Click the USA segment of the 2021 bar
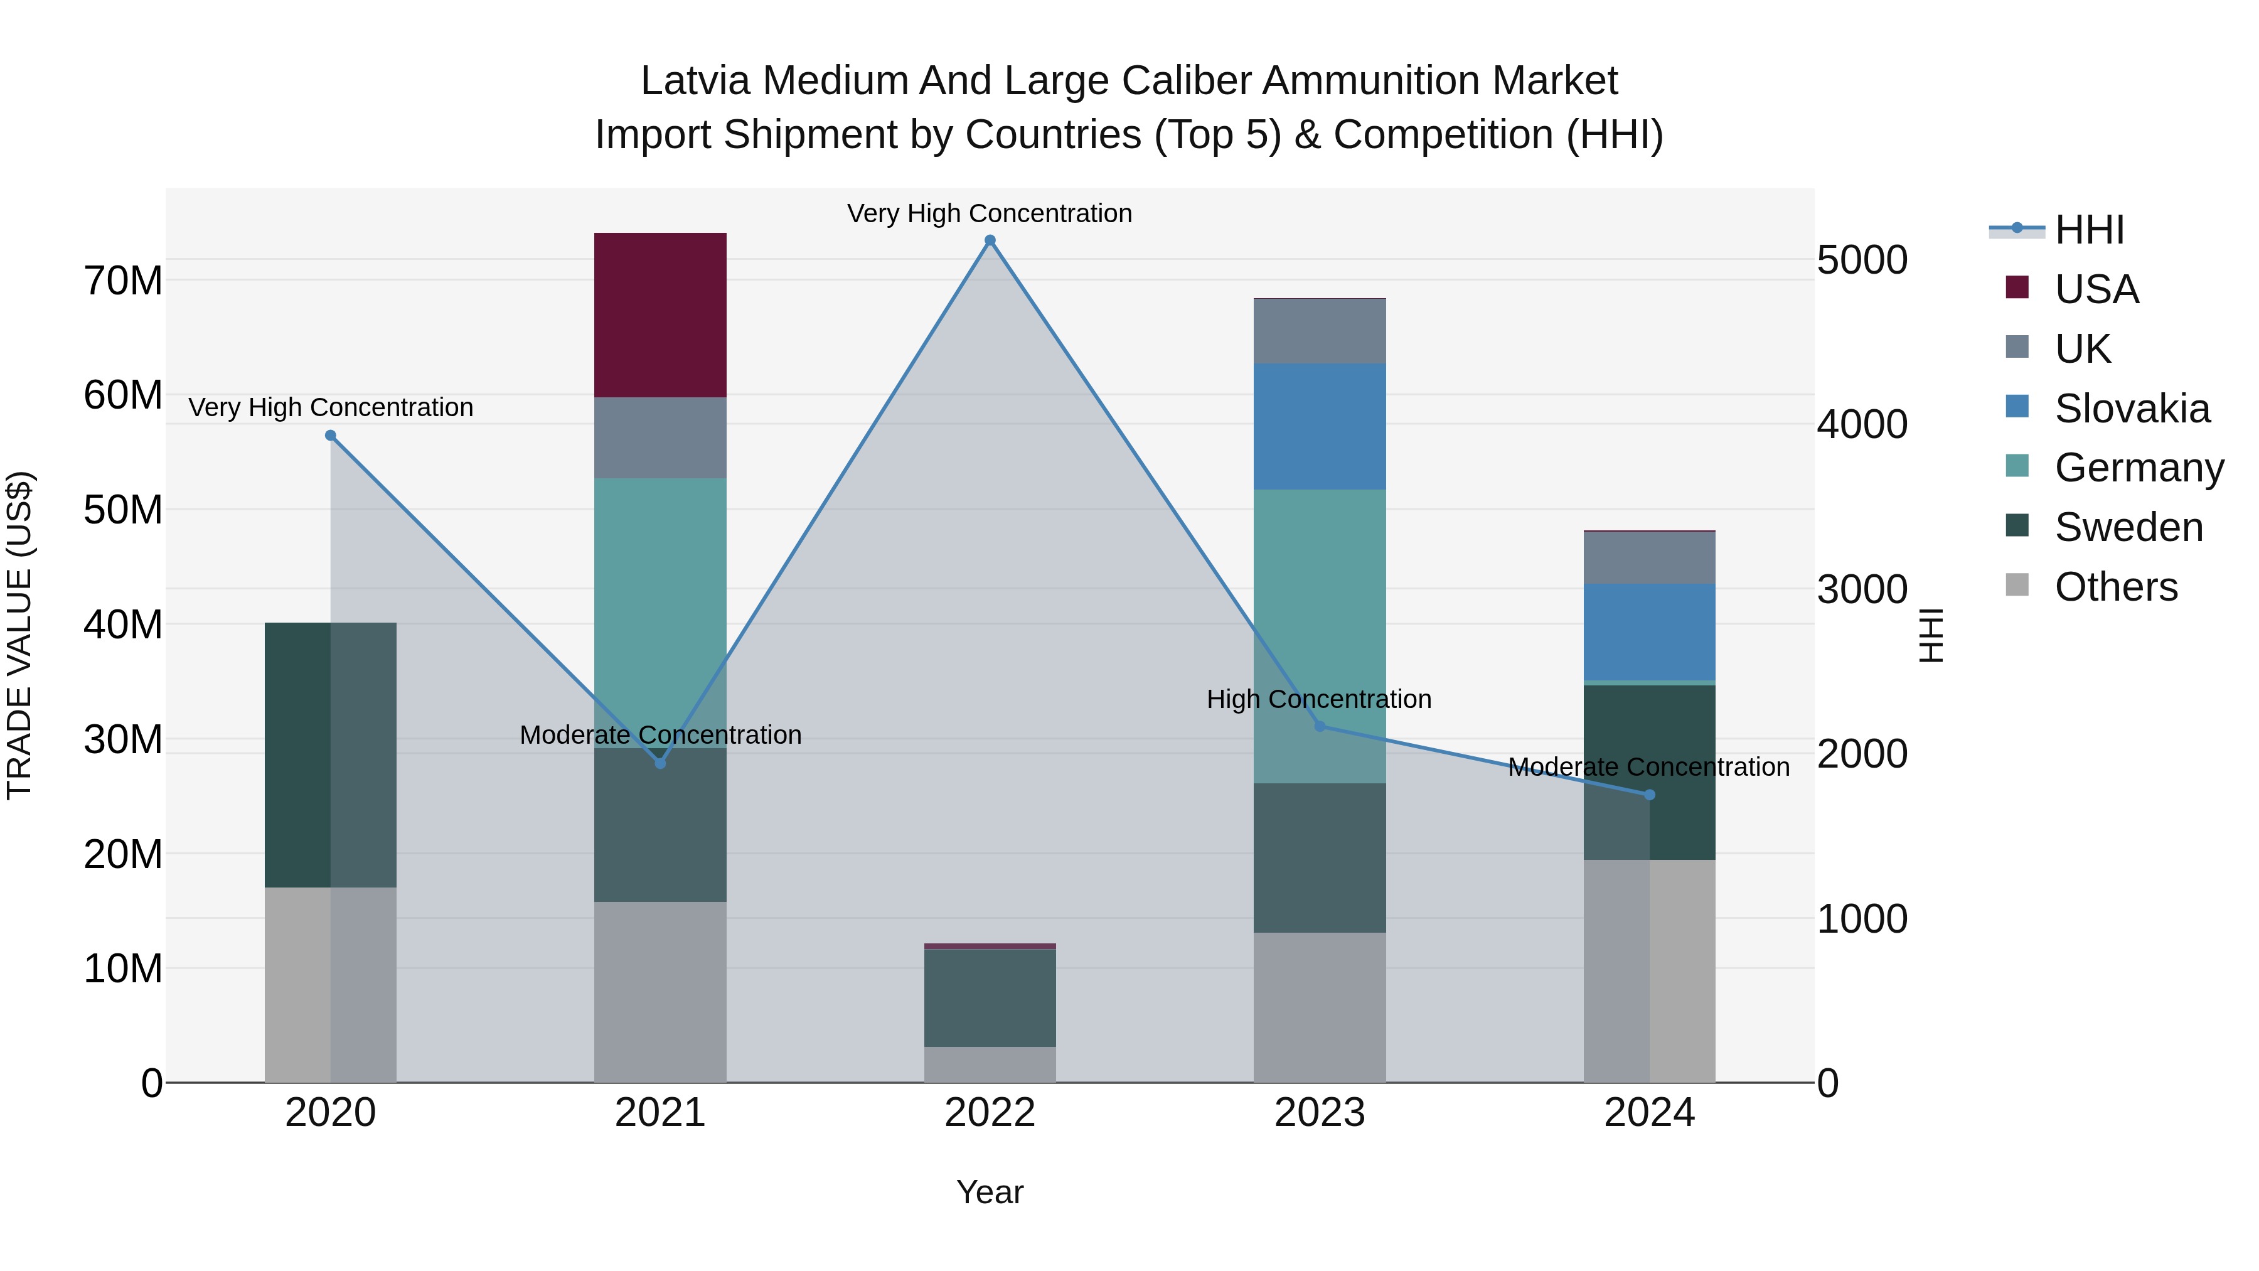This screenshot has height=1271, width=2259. click(x=660, y=315)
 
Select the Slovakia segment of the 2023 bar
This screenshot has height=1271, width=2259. click(x=1319, y=426)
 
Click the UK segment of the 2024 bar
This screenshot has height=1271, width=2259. click(x=1648, y=558)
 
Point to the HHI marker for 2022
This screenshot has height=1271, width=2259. click(x=990, y=240)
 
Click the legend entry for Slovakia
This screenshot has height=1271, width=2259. click(x=2131, y=409)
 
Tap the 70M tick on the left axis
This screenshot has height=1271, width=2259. click(x=123, y=282)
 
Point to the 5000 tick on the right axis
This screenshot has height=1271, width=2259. click(x=1862, y=260)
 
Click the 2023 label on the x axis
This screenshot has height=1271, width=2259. click(x=1319, y=1113)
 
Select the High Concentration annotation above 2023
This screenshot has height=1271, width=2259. click(x=1319, y=699)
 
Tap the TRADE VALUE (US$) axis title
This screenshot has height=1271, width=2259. click(x=19, y=635)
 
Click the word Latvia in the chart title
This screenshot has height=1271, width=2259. click(x=695, y=81)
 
